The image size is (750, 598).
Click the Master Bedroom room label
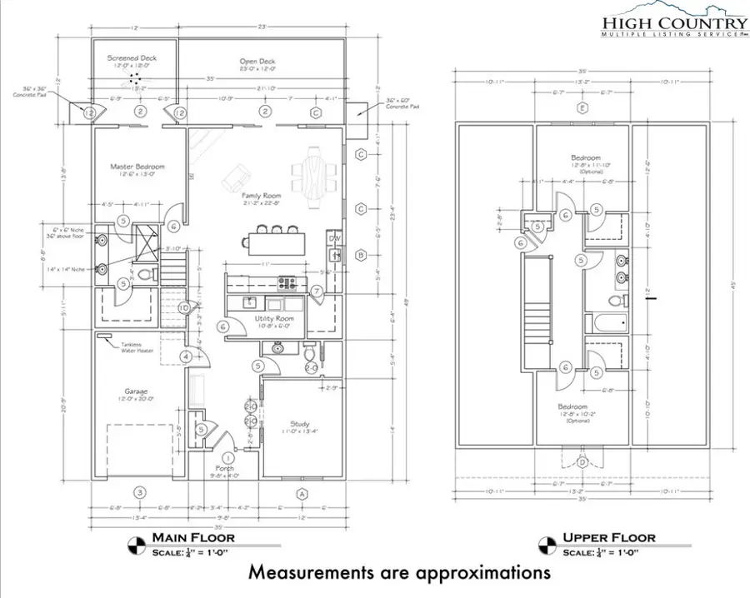pos(137,167)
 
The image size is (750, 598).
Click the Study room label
pos(300,423)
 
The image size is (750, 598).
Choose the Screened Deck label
pos(132,58)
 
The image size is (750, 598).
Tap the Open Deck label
pos(257,62)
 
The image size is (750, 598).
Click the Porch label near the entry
pos(225,469)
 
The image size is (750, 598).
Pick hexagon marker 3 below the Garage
pos(140,493)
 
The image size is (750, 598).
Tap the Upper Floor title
pos(610,538)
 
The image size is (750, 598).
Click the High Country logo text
pos(675,23)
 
